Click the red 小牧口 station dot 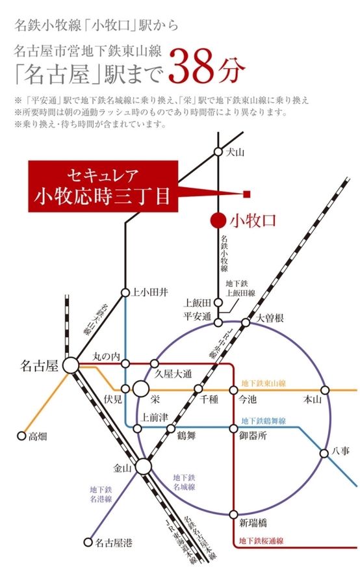point(219,220)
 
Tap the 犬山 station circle point(219,152)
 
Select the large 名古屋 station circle point(70,366)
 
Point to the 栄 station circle point(141,390)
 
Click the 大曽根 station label point(270,318)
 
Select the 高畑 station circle point(21,437)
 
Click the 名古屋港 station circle point(88,541)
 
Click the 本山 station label point(313,400)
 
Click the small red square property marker point(247,194)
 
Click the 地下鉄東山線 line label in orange point(263,383)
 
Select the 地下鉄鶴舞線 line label point(263,421)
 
